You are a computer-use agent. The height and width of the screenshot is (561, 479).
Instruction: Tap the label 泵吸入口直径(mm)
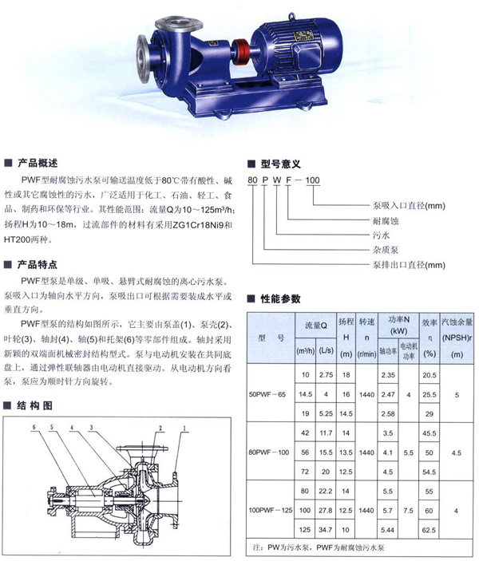coord(368,204)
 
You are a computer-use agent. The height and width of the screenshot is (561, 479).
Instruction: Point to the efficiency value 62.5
coord(430,528)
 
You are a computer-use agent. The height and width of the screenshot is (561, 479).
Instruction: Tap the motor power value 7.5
coord(409,510)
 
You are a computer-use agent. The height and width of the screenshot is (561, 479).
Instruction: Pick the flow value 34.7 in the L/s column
coord(326,528)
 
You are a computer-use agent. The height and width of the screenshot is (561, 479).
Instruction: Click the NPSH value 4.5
coord(457,452)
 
